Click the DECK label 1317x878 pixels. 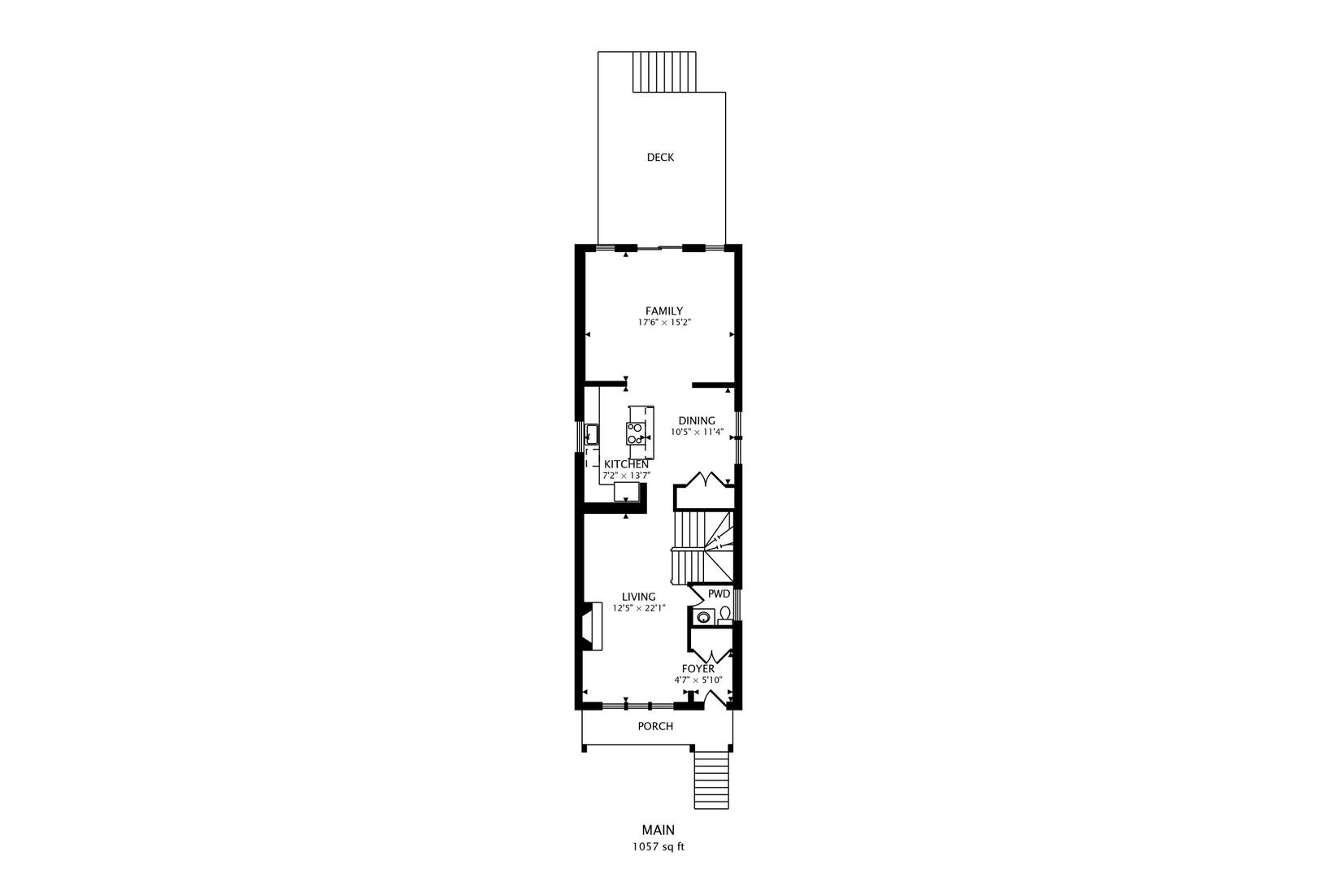pos(660,158)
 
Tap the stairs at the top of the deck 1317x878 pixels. pos(664,72)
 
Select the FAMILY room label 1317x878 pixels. pos(663,311)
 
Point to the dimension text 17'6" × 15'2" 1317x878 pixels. pos(663,323)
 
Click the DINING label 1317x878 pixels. pos(696,420)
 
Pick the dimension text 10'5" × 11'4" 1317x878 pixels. pos(696,432)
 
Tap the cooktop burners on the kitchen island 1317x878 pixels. pos(635,432)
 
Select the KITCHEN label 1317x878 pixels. pos(626,464)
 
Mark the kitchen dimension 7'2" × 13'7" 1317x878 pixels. pos(626,475)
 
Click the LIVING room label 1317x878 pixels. pos(639,597)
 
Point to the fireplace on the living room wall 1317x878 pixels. pos(590,626)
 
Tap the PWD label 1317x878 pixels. pos(719,594)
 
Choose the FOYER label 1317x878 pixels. pos(698,669)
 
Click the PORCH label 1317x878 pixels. pos(655,726)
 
